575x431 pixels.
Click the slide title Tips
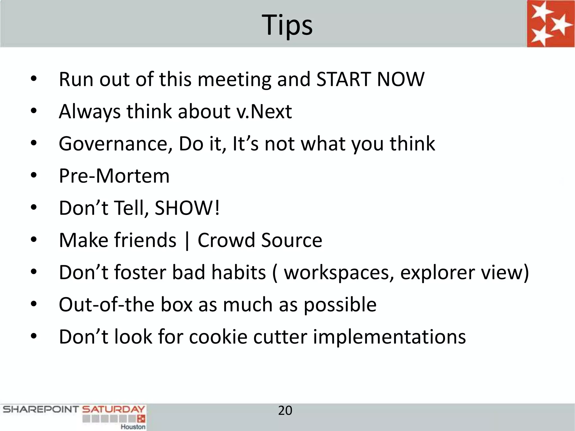[x=287, y=25]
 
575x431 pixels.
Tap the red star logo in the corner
[x=550, y=24]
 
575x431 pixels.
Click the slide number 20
[x=285, y=411]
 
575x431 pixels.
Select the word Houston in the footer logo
[x=133, y=427]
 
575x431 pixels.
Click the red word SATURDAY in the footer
[x=113, y=409]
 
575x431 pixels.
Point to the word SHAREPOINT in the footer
[x=41, y=409]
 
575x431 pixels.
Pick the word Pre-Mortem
[x=114, y=176]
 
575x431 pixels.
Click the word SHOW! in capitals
[x=187, y=208]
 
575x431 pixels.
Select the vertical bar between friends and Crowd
[x=187, y=241]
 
